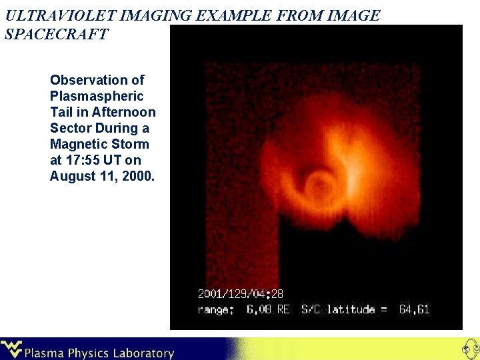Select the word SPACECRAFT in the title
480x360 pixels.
56,34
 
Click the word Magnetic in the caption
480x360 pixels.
77,144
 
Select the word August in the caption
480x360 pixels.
71,176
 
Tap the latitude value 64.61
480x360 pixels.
414,309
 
